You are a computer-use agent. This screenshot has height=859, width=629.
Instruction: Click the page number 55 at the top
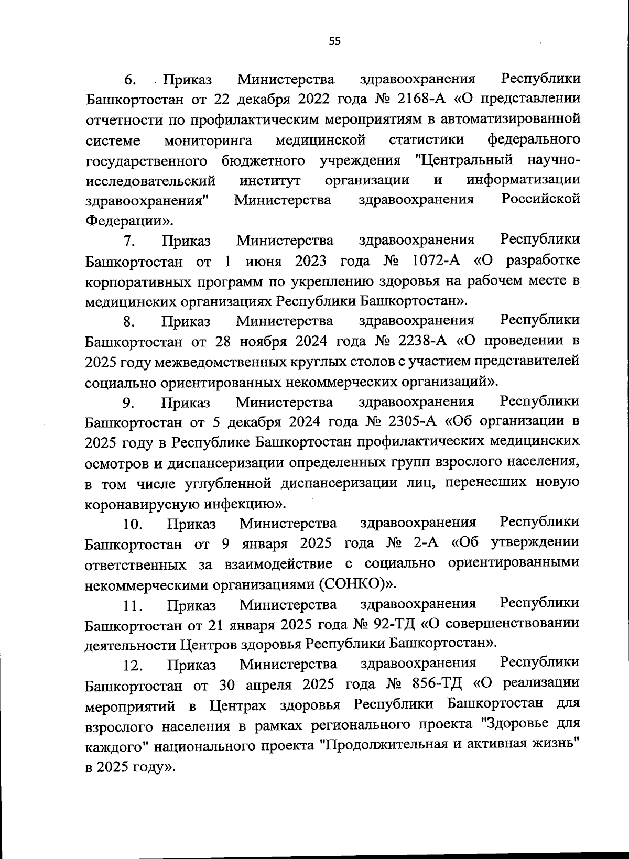point(334,41)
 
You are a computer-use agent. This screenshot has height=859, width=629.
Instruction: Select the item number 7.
point(129,241)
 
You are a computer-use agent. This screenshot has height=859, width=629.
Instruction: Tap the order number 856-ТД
point(439,684)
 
